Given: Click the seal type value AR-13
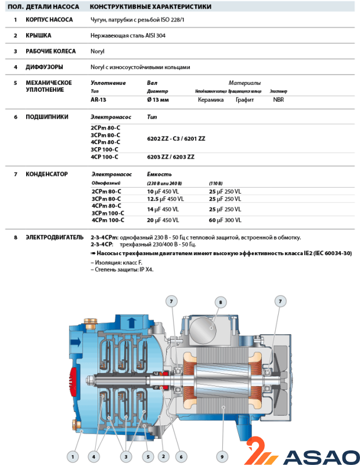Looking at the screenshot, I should pyautogui.click(x=98, y=100).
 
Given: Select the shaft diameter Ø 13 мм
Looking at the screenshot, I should pyautogui.click(x=158, y=100).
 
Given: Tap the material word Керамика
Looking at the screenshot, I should pyautogui.click(x=211, y=100).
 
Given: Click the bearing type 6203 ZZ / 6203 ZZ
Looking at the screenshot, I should pyautogui.click(x=171, y=157).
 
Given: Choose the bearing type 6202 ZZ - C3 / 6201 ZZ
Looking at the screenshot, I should pyautogui.click(x=177, y=138).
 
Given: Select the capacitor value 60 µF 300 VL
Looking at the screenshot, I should pyautogui.click(x=225, y=220).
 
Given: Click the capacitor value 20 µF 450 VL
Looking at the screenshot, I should pyautogui.click(x=163, y=220).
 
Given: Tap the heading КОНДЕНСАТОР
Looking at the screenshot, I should pyautogui.click(x=46, y=174).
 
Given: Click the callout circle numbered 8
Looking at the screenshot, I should pyautogui.click(x=221, y=302).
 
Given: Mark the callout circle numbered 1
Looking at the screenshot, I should pyautogui.click(x=72, y=456).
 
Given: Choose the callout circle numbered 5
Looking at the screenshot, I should pyautogui.click(x=148, y=456).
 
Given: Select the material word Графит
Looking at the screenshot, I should pyautogui.click(x=244, y=100).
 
